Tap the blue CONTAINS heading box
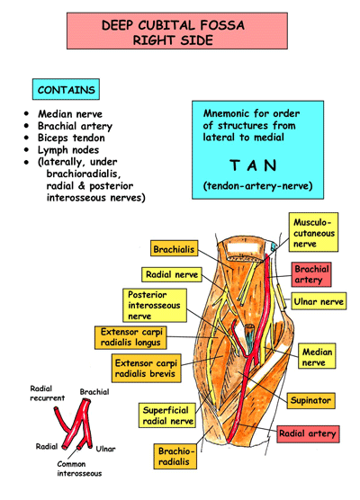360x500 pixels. tap(63, 90)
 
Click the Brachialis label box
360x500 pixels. tap(174, 248)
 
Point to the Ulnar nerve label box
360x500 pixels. tap(318, 303)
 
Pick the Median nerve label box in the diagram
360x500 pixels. tap(318, 358)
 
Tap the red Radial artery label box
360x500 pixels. tap(308, 433)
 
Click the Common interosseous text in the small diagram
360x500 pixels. tap(78, 469)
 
